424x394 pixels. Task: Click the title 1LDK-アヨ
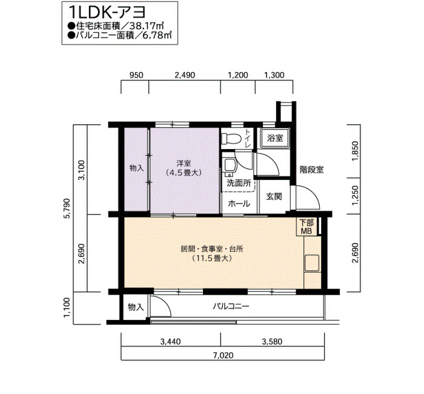point(107,12)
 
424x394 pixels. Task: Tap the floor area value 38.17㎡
point(147,26)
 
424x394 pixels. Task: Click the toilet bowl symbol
point(231,139)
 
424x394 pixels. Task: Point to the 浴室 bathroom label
point(275,138)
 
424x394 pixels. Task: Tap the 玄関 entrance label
point(274,196)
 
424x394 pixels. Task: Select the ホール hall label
point(239,204)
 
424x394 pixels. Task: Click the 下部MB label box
point(306,227)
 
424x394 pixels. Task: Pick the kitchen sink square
point(312,263)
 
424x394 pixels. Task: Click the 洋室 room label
point(184,163)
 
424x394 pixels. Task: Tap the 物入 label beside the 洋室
point(136,168)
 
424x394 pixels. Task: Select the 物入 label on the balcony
point(136,307)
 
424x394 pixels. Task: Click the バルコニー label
point(231,306)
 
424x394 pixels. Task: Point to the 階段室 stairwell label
point(311,170)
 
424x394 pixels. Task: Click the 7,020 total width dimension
point(223,355)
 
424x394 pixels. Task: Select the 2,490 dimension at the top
point(185,75)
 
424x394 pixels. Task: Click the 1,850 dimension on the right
point(356,152)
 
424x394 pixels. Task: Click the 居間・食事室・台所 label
point(212,249)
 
